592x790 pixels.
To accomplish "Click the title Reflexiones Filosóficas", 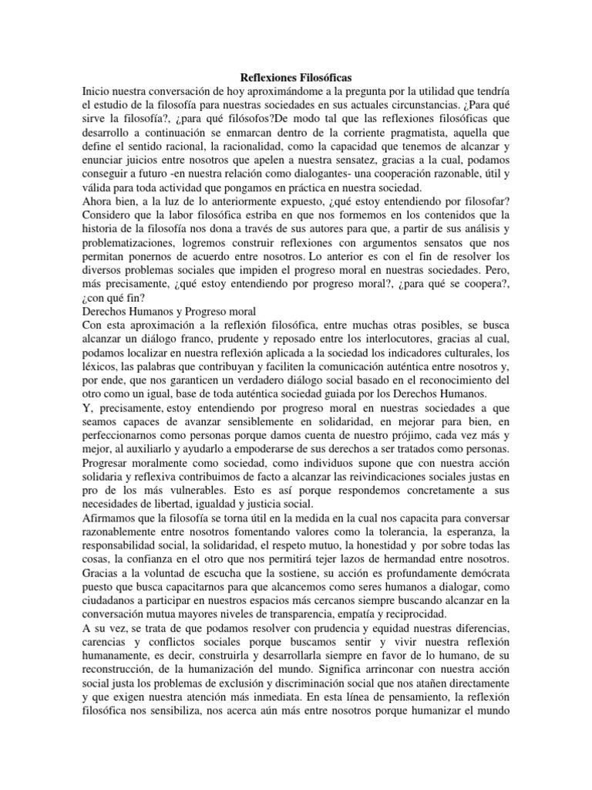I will (295, 78).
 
